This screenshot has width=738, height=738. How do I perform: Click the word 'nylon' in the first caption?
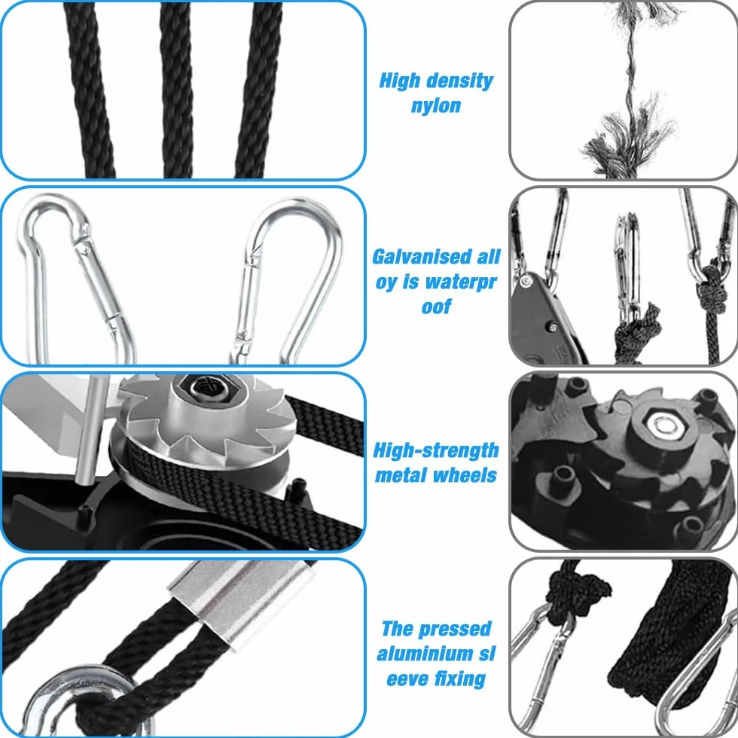pos(436,106)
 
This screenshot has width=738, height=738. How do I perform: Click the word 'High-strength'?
pos(436,451)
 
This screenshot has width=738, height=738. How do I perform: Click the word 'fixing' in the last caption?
pos(460,679)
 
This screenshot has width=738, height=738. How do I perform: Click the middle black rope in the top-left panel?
pos(178,90)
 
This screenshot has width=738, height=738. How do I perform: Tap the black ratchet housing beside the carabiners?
pos(541,320)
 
